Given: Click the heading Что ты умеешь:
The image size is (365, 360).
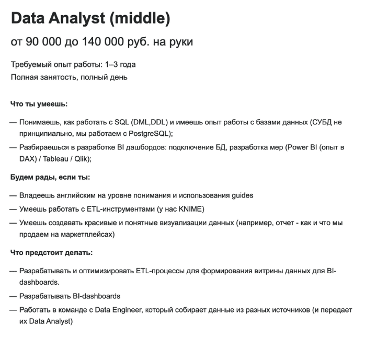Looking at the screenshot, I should (x=39, y=104).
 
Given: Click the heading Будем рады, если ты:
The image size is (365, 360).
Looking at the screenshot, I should (x=50, y=177).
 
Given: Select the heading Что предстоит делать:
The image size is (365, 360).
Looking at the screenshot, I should (x=51, y=253).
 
